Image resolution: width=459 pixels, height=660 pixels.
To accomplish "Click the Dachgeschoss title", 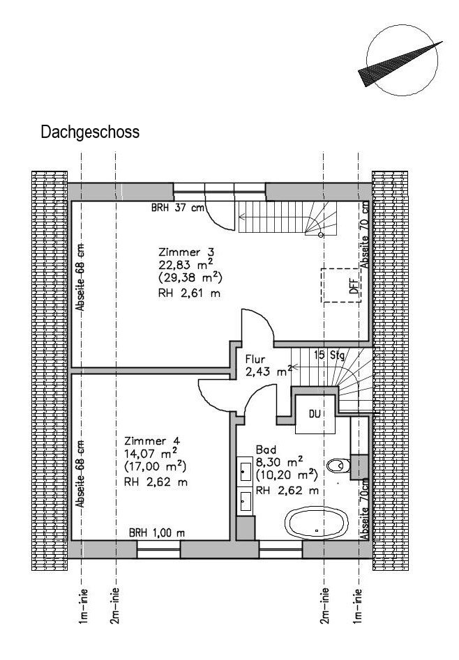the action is tap(90, 132).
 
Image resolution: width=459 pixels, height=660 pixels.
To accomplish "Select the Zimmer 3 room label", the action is tap(186, 252).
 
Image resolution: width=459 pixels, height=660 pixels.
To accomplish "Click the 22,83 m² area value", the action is tap(185, 265).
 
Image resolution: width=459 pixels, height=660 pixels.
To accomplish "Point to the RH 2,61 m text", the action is tap(189, 293).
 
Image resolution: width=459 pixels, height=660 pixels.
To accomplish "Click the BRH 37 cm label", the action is tap(177, 208).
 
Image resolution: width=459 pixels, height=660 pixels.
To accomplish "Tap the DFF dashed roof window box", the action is tap(341, 285).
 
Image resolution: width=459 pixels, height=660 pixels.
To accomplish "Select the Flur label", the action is tap(255, 360).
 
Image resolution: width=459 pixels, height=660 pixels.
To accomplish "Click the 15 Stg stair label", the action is tap(329, 355).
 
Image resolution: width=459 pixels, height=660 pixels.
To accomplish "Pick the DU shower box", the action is tap(315, 414).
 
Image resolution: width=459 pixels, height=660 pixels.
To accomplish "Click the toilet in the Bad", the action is tap(338, 465).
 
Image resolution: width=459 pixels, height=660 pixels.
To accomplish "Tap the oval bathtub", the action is tap(317, 523).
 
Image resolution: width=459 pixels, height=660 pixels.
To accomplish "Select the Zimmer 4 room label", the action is tap(152, 440).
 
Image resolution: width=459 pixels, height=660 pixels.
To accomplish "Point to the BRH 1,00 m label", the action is tap(157, 533).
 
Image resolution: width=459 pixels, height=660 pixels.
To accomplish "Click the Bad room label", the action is tap(266, 449).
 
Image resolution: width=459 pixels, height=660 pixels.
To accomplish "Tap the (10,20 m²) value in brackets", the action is tap(287, 475).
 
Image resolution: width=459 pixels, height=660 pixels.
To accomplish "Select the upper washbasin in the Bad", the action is tap(244, 468).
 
